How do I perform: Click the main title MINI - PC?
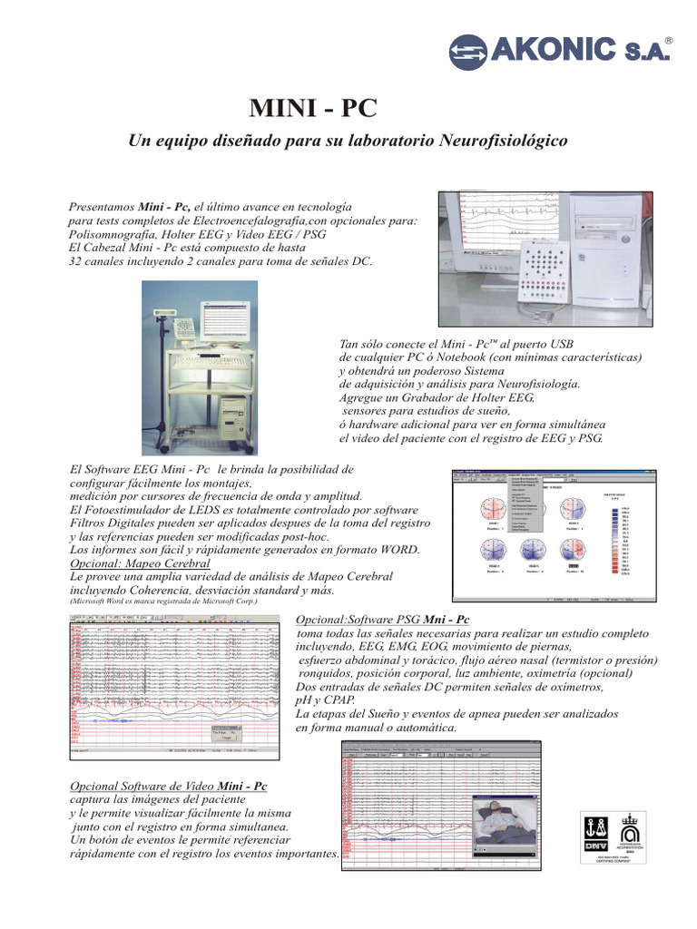pyautogui.click(x=311, y=109)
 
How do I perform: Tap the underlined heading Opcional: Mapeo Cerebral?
pyautogui.click(x=146, y=562)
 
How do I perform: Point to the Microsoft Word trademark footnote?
pyautogui.click(x=163, y=601)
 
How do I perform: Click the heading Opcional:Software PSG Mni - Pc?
pyautogui.click(x=380, y=618)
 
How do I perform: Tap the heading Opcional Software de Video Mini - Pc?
pyautogui.click(x=169, y=784)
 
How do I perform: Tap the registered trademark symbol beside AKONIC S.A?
pyautogui.click(x=670, y=42)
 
